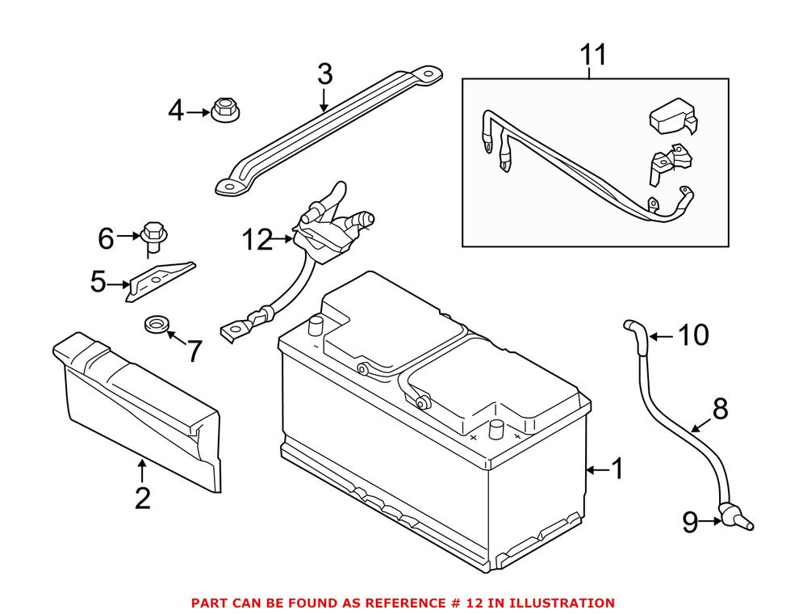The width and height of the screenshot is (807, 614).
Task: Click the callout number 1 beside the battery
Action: point(617,469)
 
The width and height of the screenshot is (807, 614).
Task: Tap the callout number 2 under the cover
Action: point(142,498)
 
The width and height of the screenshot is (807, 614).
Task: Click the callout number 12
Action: point(259,239)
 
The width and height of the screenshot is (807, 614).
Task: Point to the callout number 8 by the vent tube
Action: point(720,409)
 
